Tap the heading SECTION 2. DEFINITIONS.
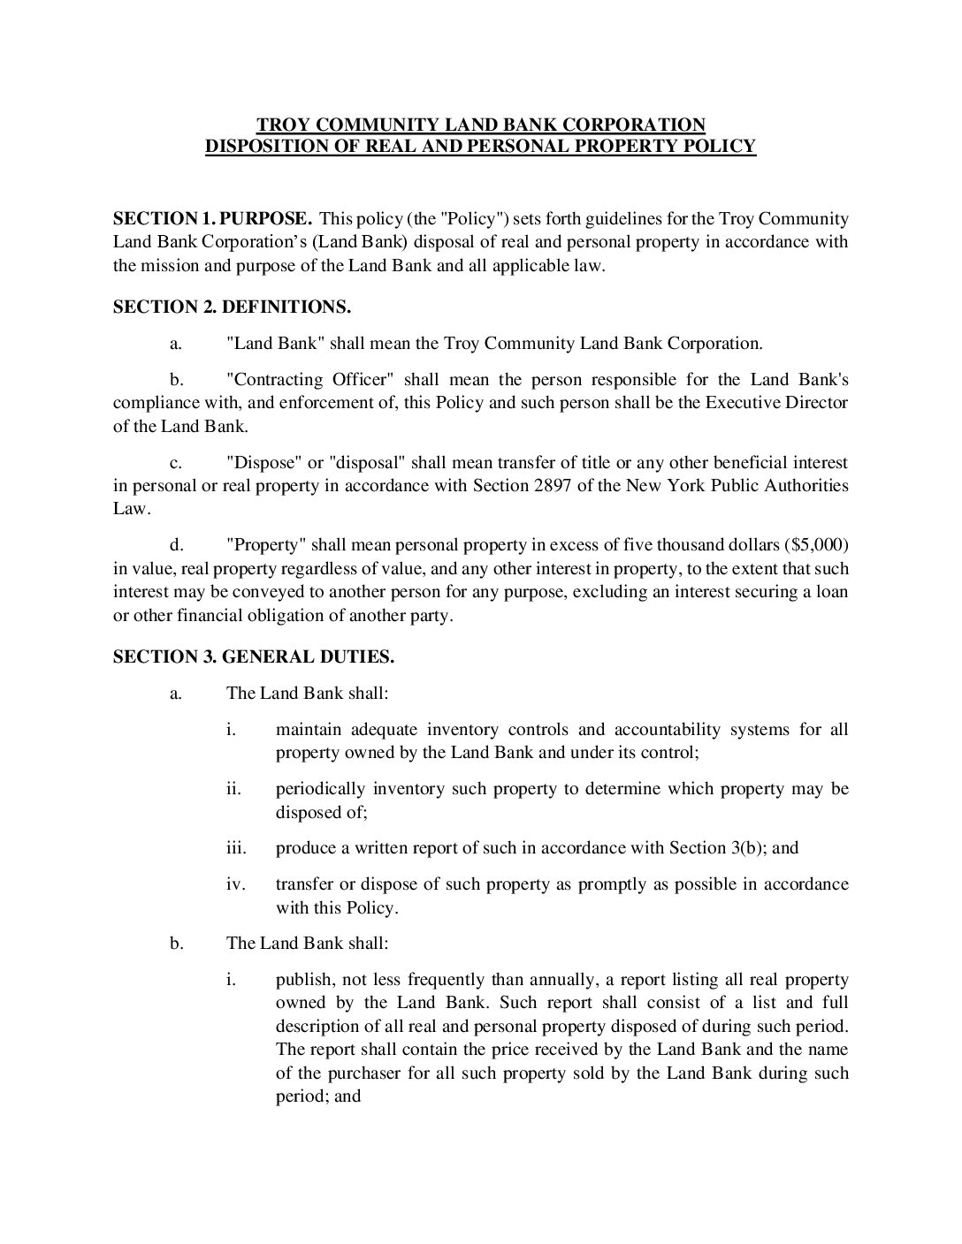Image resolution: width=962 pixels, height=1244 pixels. (x=233, y=307)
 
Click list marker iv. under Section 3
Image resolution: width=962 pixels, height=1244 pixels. (x=235, y=884)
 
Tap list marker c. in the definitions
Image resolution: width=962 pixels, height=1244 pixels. (x=176, y=463)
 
